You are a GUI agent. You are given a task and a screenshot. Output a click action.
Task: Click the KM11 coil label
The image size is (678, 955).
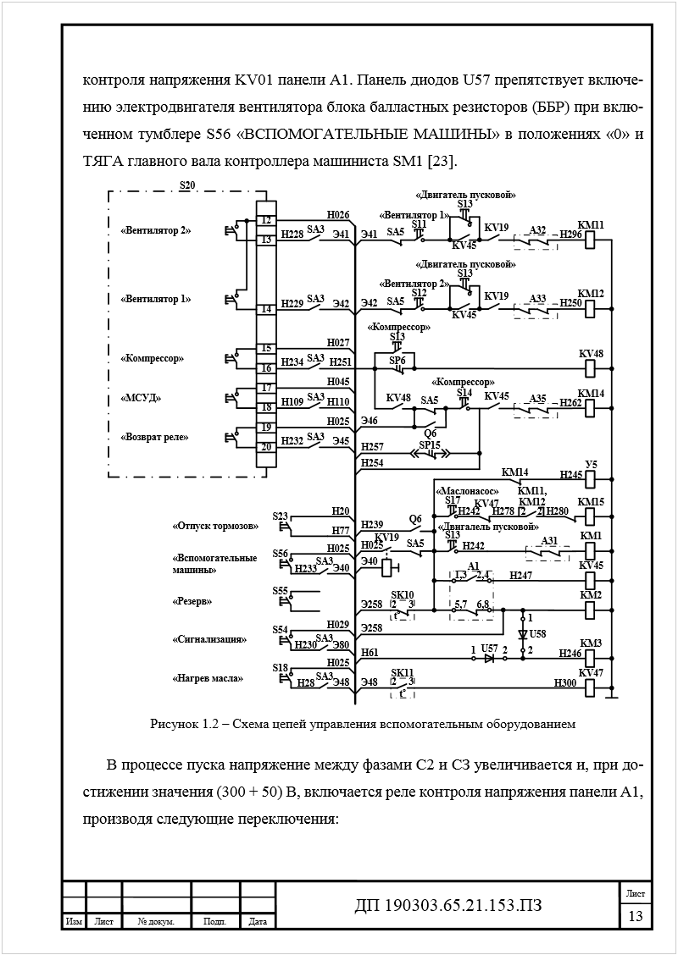click(591, 224)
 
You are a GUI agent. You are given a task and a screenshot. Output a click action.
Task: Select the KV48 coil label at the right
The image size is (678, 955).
click(591, 352)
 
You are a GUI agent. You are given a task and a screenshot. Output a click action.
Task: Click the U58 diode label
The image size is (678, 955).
click(538, 632)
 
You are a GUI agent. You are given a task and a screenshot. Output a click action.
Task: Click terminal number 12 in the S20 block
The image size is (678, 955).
click(265, 220)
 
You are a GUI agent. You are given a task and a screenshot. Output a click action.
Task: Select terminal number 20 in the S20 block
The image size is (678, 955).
click(265, 446)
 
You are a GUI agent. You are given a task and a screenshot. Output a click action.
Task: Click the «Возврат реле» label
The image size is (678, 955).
click(154, 437)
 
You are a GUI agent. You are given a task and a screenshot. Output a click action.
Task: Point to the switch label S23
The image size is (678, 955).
click(281, 516)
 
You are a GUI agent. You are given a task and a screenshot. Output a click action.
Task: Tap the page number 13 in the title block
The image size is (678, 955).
click(635, 917)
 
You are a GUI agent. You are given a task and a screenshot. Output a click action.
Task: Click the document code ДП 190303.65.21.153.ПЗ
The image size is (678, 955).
click(448, 907)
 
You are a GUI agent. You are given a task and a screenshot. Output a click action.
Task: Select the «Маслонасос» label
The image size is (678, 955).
click(466, 491)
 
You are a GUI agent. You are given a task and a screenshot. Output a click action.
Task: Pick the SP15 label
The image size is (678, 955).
click(430, 444)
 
